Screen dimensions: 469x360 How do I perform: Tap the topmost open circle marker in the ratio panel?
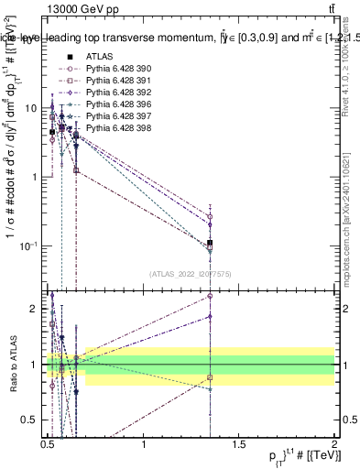pyautogui.click(x=211, y=296)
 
